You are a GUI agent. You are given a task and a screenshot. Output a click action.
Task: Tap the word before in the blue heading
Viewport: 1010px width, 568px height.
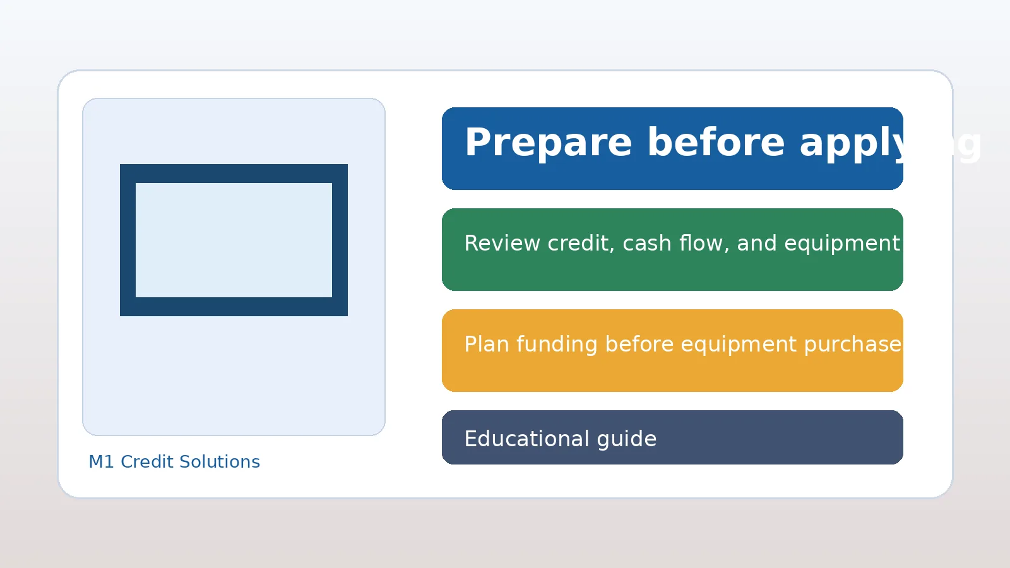tap(716, 143)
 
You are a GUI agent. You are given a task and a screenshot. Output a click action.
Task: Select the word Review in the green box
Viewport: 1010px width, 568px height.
tap(502, 244)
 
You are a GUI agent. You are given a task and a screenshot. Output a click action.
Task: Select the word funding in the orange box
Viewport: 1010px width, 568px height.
tap(557, 345)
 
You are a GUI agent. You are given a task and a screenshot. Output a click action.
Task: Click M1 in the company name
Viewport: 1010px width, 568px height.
tap(101, 462)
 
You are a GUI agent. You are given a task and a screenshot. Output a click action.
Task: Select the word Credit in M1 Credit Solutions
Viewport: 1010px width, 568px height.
tap(146, 462)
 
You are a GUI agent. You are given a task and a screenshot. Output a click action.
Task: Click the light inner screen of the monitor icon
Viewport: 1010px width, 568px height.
tap(234, 240)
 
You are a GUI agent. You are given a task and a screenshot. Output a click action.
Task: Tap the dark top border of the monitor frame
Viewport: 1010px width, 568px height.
tap(234, 174)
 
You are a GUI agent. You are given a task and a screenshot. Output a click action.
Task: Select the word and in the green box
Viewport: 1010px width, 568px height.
tap(756, 244)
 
